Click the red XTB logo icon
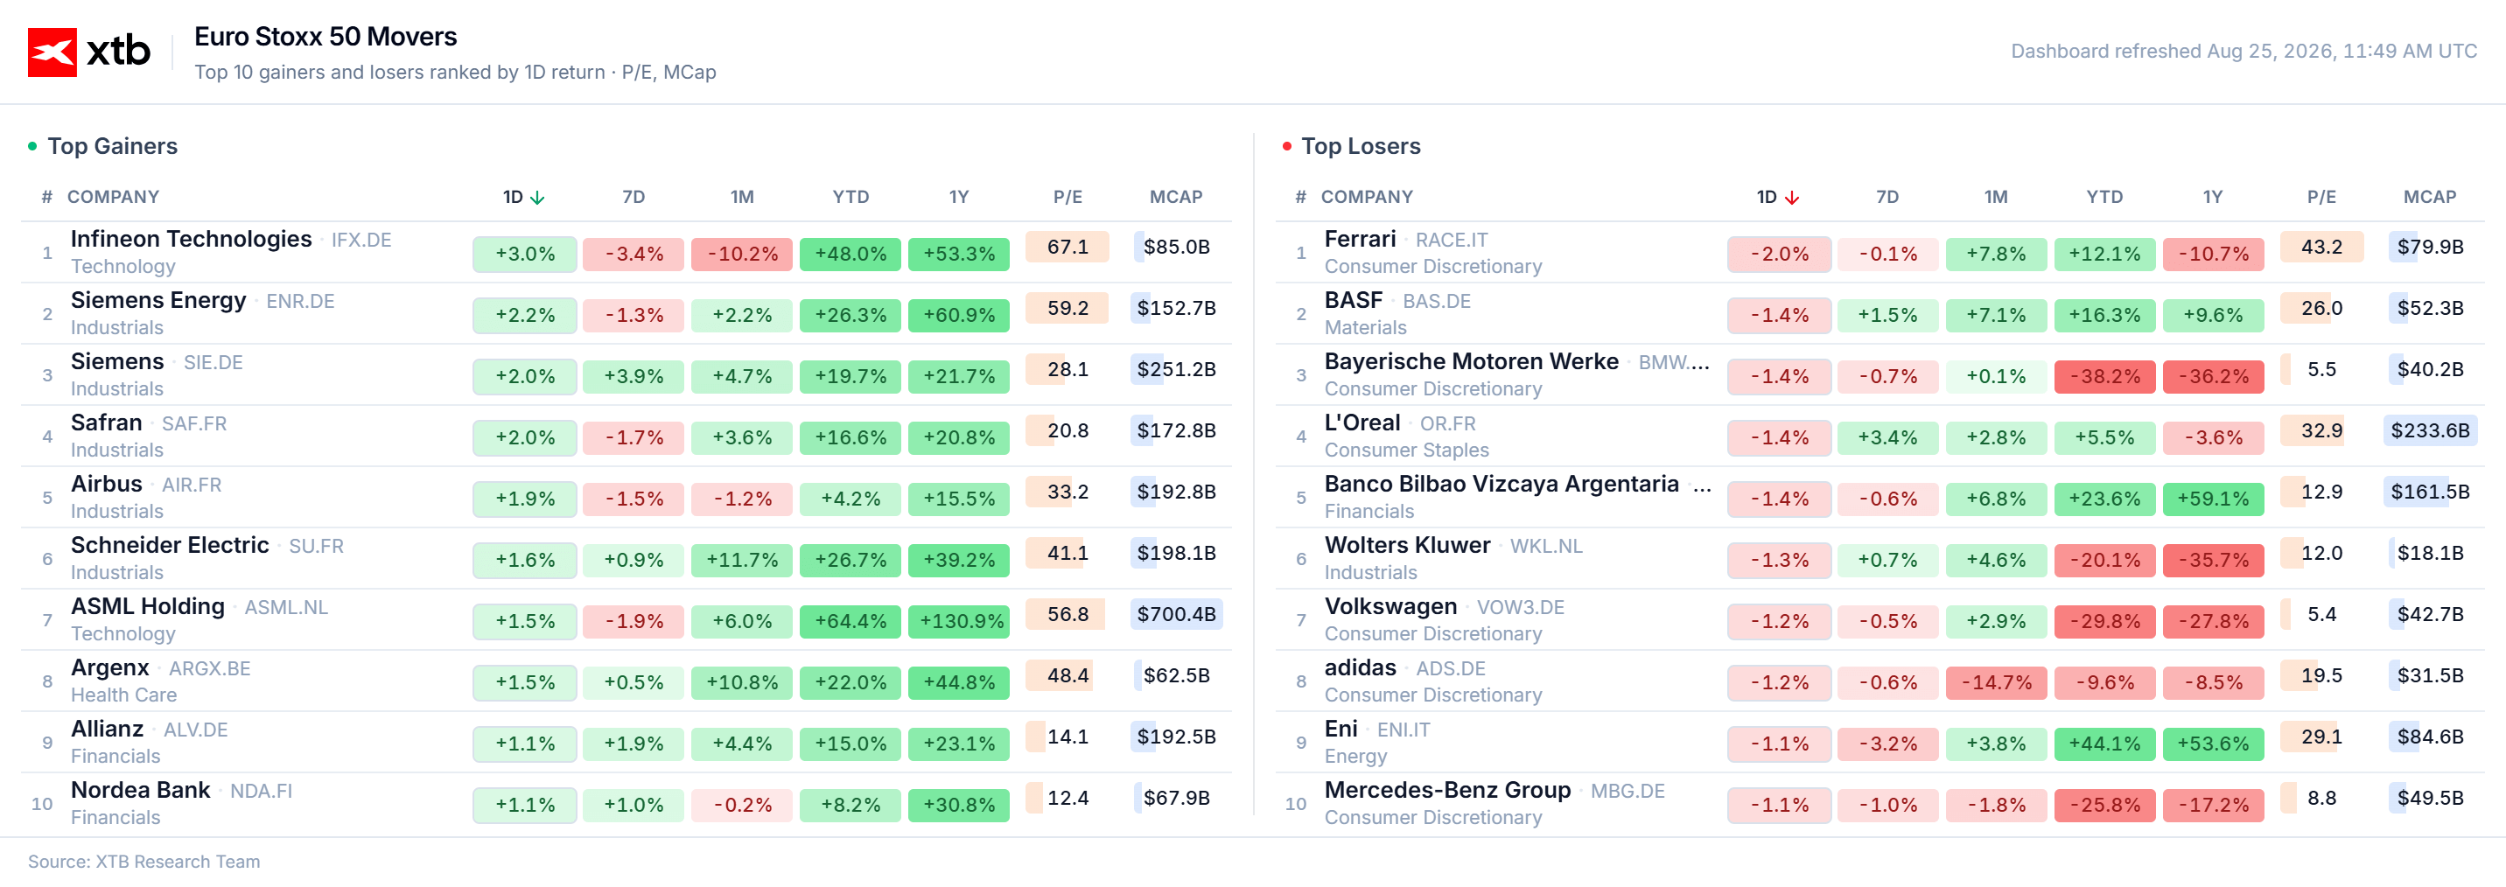point(52,52)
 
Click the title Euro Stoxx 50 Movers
point(325,37)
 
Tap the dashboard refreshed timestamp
point(2243,52)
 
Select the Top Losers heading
point(1360,146)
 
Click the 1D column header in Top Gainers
point(513,198)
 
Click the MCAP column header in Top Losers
point(2429,198)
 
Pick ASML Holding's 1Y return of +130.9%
point(959,621)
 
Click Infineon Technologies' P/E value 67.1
point(1067,247)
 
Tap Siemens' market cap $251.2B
point(1176,369)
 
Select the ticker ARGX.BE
point(209,669)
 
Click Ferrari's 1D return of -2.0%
point(1779,254)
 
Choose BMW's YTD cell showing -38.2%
point(2104,376)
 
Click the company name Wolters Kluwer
point(1407,546)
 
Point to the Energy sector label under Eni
point(1355,757)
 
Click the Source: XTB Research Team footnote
point(144,862)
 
